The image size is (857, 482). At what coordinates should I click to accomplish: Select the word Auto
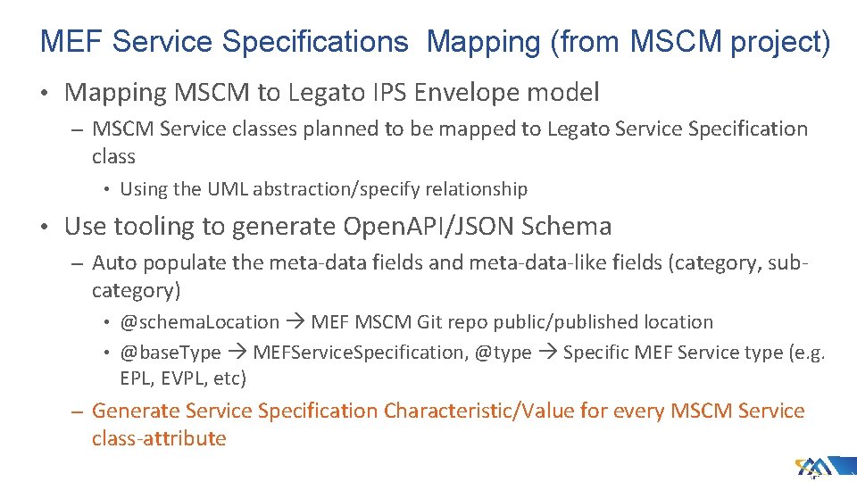113,262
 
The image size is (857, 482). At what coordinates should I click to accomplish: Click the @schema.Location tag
200,322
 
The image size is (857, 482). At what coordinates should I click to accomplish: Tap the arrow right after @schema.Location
295,322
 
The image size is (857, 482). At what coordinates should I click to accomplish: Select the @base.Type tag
171,353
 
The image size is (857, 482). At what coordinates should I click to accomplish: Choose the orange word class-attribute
159,438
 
